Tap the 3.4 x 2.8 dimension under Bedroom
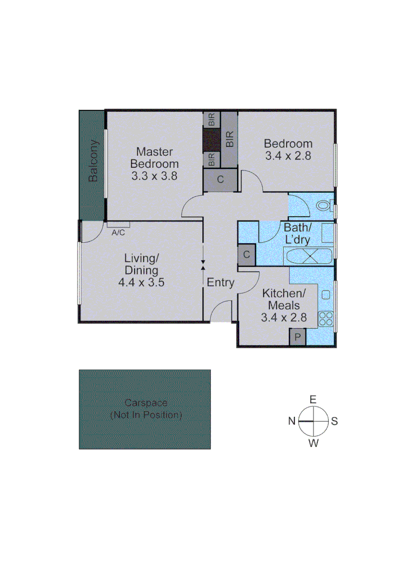(x=288, y=156)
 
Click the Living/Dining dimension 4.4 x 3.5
(x=141, y=282)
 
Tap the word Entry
(x=220, y=282)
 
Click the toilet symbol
(x=322, y=205)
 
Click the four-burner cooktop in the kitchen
(x=326, y=318)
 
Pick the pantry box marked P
(x=298, y=337)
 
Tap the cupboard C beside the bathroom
(x=247, y=255)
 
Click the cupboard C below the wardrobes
(x=220, y=179)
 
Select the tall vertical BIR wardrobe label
(x=229, y=138)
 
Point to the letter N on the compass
(x=291, y=421)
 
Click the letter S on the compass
(x=335, y=421)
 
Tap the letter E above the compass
(x=313, y=399)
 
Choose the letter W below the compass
(x=313, y=443)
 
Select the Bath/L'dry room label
(x=297, y=233)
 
